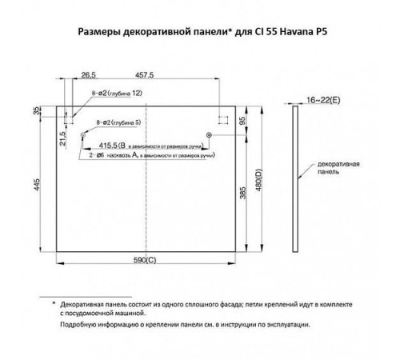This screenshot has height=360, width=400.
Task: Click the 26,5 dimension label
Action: (89, 74)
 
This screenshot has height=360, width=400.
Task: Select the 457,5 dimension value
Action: (145, 74)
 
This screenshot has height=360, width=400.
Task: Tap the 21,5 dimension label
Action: (63, 139)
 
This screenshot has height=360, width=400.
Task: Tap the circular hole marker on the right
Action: (209, 136)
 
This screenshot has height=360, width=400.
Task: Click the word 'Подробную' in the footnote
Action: (79, 326)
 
